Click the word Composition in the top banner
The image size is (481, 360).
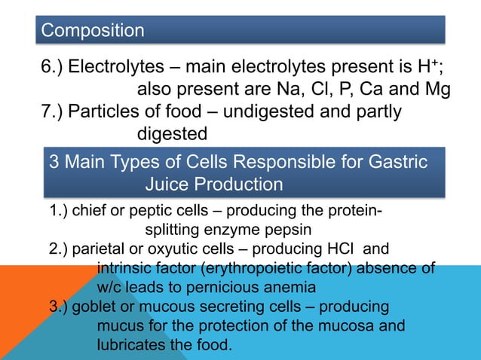pyautogui.click(x=93, y=30)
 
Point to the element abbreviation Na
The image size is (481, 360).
pyautogui.click(x=286, y=90)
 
